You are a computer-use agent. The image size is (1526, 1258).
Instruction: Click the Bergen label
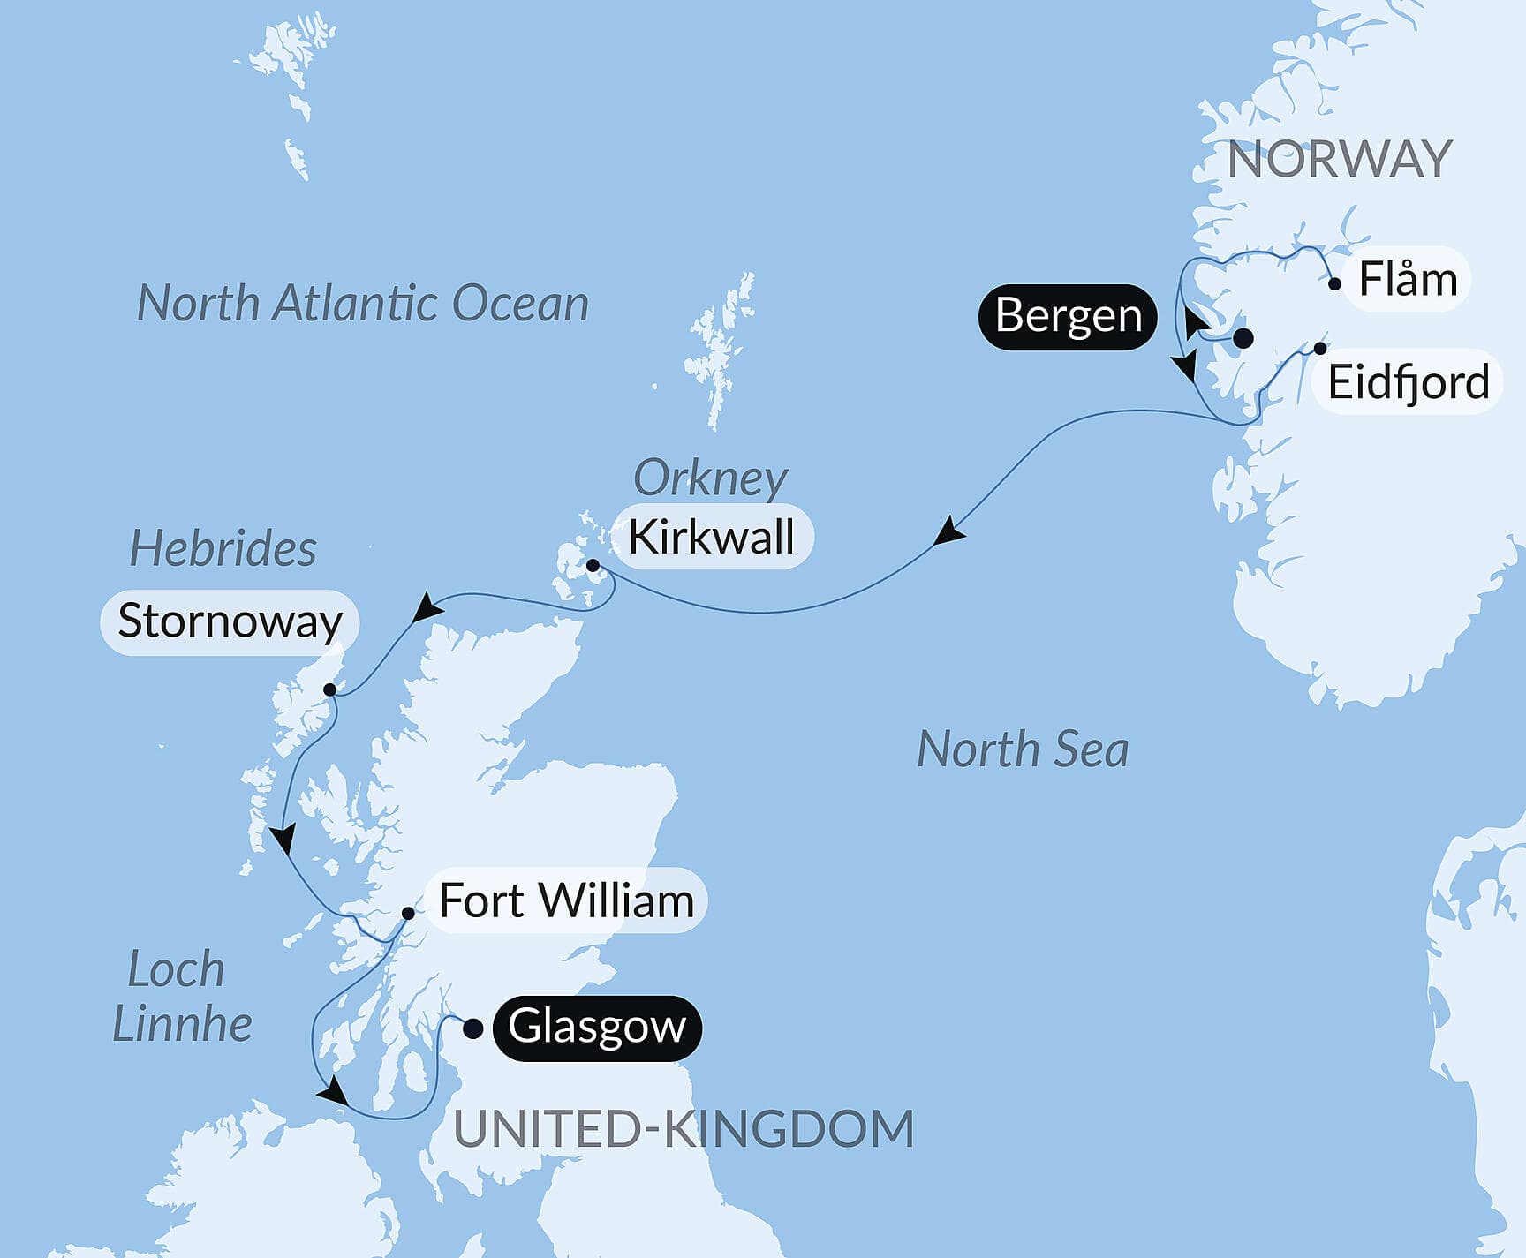click(x=1068, y=316)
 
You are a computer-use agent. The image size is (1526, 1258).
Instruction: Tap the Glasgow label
click(x=597, y=1028)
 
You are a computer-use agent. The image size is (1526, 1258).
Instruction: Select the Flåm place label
click(x=1408, y=280)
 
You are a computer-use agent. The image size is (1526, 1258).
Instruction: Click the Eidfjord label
click(x=1409, y=383)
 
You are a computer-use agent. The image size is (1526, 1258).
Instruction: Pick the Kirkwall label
click(x=711, y=537)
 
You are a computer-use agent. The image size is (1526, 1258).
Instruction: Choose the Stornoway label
click(x=230, y=621)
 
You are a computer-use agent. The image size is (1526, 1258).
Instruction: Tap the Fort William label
click(x=566, y=901)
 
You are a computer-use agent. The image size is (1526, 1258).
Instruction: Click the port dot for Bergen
click(x=1243, y=338)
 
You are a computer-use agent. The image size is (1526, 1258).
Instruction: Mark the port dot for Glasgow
click(x=473, y=1028)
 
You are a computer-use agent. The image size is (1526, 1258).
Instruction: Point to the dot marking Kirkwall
click(x=593, y=566)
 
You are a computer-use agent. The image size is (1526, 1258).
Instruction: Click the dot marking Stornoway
click(x=329, y=689)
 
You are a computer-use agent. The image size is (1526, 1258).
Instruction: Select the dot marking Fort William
click(x=408, y=913)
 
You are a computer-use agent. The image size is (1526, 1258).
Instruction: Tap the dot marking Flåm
click(x=1335, y=284)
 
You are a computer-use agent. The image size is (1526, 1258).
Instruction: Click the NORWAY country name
click(x=1339, y=160)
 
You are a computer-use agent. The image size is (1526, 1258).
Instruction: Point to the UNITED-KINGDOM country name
click(x=684, y=1129)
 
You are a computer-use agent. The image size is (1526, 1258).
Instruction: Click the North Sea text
click(x=1023, y=750)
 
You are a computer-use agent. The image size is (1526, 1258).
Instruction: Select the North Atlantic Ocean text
click(x=363, y=304)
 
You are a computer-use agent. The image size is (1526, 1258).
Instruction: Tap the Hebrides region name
click(x=223, y=548)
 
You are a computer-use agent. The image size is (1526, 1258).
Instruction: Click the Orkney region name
click(x=710, y=478)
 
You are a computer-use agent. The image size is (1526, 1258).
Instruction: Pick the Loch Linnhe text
click(x=181, y=997)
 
